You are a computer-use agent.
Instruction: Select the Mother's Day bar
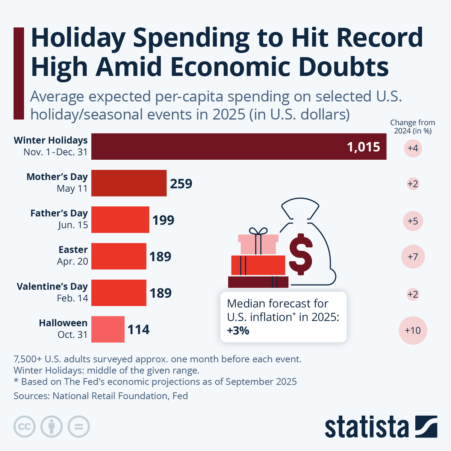pos(129,183)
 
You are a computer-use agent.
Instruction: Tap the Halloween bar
pos(108,329)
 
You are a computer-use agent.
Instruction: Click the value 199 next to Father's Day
pos(163,220)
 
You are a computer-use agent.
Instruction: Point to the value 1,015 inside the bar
pos(363,147)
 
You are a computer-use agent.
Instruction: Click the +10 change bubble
pos(413,330)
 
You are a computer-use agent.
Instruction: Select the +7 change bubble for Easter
pos(413,257)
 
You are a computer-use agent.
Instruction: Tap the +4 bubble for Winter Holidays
pos(413,148)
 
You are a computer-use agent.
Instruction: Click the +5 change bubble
pos(413,221)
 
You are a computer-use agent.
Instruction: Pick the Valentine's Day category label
pos(52,286)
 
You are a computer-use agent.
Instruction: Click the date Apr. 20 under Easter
pos(72,261)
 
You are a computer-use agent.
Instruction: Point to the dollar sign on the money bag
pos(301,254)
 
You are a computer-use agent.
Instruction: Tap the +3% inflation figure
pos(238,331)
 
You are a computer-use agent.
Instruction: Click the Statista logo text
pos(366,427)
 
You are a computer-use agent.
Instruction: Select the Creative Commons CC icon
pos(24,427)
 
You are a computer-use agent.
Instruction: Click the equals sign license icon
pos(79,427)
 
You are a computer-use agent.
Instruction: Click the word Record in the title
pos(379,38)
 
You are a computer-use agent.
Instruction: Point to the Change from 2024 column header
pos(412,127)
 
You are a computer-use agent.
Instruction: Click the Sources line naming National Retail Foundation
pos(101,396)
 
